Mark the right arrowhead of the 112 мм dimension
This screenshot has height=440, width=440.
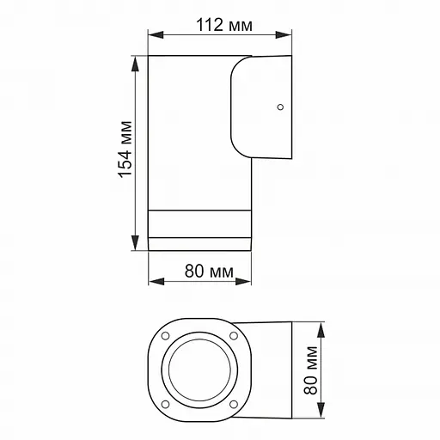(x=291, y=36)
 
